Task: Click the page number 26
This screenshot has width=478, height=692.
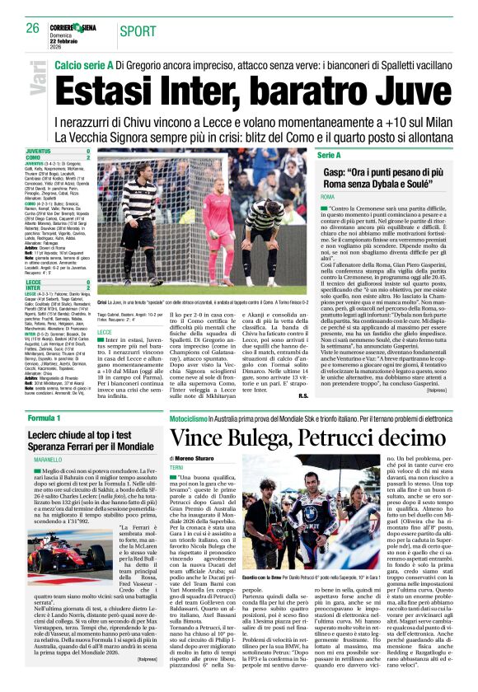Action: pos(32,28)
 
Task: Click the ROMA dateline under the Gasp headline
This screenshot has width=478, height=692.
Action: pos(327,198)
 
